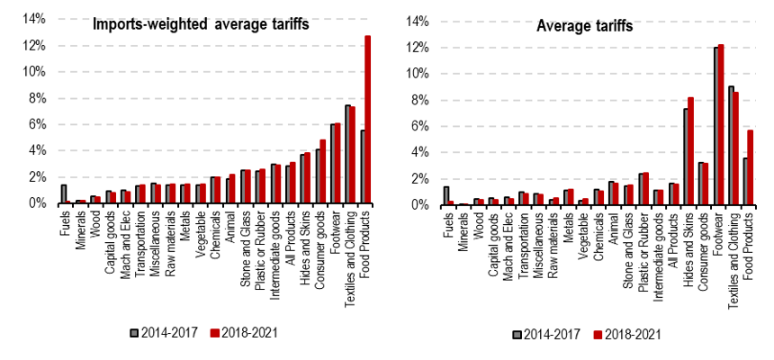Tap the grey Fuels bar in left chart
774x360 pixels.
pos(64,194)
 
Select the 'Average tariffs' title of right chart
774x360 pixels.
pos(584,25)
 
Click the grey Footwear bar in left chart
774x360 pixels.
pos(333,164)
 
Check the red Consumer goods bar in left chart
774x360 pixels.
pos(323,172)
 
